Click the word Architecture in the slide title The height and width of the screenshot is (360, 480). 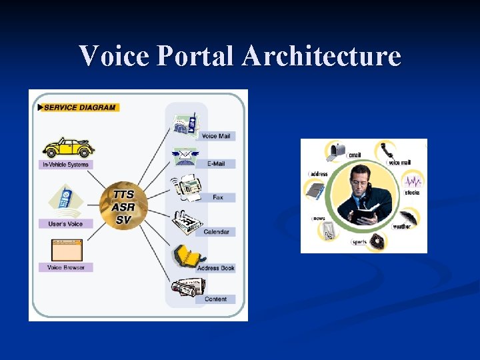pyautogui.click(x=321, y=56)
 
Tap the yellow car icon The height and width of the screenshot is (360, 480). pyautogui.click(x=67, y=147)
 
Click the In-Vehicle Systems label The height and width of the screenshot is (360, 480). pyautogui.click(x=65, y=164)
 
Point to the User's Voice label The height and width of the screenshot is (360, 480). pyautogui.click(x=65, y=224)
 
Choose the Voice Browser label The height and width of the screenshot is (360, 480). pyautogui.click(x=65, y=267)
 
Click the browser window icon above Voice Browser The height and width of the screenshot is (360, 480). pyautogui.click(x=67, y=250)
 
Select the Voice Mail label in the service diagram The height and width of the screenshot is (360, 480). pyautogui.click(x=215, y=136)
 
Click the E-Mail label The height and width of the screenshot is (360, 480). pyautogui.click(x=215, y=164)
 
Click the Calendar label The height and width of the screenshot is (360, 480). pyautogui.click(x=216, y=232)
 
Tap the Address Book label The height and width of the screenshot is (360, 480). pyautogui.click(x=215, y=268)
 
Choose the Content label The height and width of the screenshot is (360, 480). pyautogui.click(x=215, y=299)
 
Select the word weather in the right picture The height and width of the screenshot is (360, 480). pyautogui.click(x=402, y=227)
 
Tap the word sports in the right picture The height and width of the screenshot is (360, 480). pyautogui.click(x=359, y=243)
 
